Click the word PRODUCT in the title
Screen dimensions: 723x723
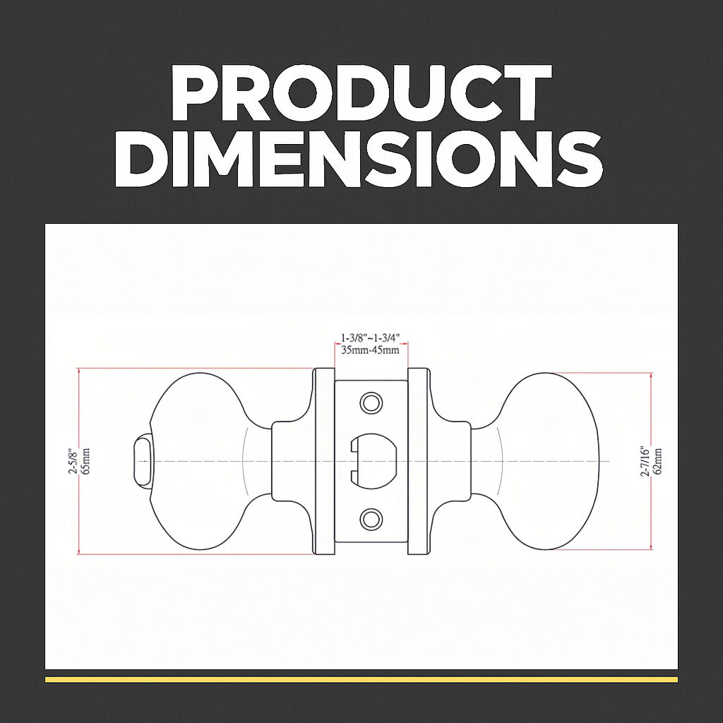[361, 92]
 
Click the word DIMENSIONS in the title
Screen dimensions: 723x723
[359, 159]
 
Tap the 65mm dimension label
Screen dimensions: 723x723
[85, 460]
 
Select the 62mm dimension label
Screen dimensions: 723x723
[658, 462]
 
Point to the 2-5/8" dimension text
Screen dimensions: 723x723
[73, 460]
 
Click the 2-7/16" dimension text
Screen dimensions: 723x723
[645, 461]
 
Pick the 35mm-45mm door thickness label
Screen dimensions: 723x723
[370, 349]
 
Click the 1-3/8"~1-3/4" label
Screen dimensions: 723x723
[370, 338]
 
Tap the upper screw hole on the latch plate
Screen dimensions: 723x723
[371, 403]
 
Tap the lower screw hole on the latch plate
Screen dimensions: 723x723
[371, 519]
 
